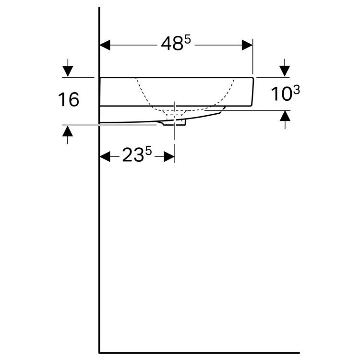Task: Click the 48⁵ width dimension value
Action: [x=176, y=44]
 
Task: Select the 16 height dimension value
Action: [x=68, y=100]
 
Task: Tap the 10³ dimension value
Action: [x=286, y=94]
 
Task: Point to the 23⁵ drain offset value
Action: [x=136, y=155]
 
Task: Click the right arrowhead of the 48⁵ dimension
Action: [x=248, y=45]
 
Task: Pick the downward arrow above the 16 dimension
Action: [x=68, y=71]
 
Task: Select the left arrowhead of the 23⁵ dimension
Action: [x=105, y=156]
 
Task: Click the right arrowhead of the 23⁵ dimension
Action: [x=169, y=156]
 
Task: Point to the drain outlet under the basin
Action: [x=175, y=123]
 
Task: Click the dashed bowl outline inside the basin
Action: [x=144, y=94]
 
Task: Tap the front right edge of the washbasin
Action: [x=253, y=91]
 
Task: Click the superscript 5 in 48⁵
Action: [x=187, y=40]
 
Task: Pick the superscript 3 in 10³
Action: [x=296, y=90]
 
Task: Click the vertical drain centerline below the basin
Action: [x=175, y=139]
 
